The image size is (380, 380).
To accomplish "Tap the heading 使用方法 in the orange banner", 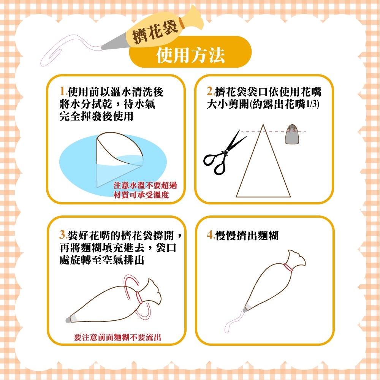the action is tap(190, 55).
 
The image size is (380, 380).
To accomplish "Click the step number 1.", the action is tap(63, 92).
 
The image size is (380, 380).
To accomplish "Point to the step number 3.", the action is tap(63, 235).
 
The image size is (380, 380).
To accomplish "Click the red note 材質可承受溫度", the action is tap(141, 195).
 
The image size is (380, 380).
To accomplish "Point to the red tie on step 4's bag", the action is tap(288, 268).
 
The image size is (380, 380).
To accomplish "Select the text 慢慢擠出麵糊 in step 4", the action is tap(247, 235).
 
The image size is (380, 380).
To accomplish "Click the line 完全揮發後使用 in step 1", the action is tap(97, 116).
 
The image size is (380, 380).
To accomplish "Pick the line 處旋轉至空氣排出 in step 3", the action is tap(102, 260).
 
